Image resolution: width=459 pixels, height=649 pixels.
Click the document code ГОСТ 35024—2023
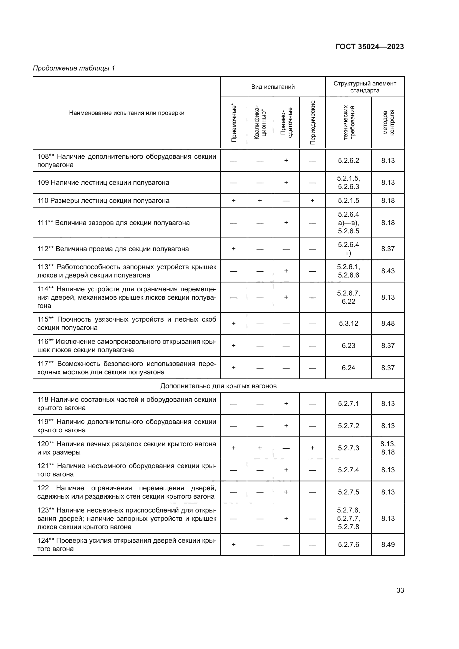tap(369, 47)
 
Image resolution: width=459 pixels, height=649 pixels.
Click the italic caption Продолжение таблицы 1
tap(74, 68)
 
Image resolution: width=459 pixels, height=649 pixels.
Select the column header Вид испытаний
tap(273, 87)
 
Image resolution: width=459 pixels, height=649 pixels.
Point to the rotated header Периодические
tap(312, 122)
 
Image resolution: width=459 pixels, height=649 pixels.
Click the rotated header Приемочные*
tap(234, 122)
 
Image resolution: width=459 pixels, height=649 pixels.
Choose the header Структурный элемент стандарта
tap(365, 87)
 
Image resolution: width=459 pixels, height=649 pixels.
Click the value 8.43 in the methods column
tap(388, 271)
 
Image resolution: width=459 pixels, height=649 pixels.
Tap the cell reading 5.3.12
tap(348, 323)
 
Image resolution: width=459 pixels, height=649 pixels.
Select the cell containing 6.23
tap(348, 345)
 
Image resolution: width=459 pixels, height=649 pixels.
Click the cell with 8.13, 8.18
tap(388, 448)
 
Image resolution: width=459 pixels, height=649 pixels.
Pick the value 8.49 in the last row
tap(388, 544)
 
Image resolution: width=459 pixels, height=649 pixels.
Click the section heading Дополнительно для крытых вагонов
tap(218, 386)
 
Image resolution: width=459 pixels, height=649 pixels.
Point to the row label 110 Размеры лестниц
tap(104, 201)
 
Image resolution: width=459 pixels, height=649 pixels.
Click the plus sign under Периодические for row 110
tap(312, 201)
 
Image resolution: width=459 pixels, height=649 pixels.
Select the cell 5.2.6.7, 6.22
tap(348, 297)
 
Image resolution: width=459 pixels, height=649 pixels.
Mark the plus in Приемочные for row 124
tap(234, 544)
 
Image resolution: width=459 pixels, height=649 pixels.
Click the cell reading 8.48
tap(388, 323)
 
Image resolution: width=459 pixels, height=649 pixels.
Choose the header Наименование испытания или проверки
tap(127, 113)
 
